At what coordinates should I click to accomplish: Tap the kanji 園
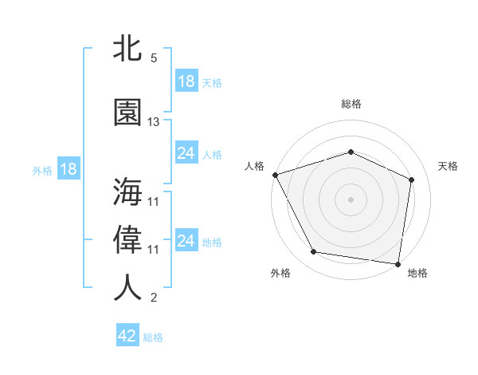(x=127, y=112)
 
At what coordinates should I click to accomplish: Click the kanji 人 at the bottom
(x=127, y=288)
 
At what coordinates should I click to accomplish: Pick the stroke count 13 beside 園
(x=154, y=122)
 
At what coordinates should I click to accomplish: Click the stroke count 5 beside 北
(x=154, y=57)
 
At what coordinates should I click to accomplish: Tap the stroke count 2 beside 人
(x=154, y=298)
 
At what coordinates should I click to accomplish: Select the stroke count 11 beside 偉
(x=154, y=250)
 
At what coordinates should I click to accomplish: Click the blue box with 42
(x=127, y=336)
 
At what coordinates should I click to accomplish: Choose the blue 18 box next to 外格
(x=68, y=169)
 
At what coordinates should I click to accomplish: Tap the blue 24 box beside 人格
(x=186, y=153)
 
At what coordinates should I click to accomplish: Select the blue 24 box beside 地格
(x=186, y=241)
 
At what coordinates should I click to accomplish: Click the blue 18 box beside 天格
(x=186, y=81)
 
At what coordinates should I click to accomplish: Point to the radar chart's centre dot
(x=351, y=199)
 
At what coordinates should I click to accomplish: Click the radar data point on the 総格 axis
(x=351, y=152)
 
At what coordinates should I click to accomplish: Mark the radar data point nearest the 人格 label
(x=275, y=175)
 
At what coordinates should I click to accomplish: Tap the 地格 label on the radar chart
(x=417, y=273)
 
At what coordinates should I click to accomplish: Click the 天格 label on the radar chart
(x=448, y=166)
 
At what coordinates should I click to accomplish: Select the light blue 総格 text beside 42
(x=153, y=337)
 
